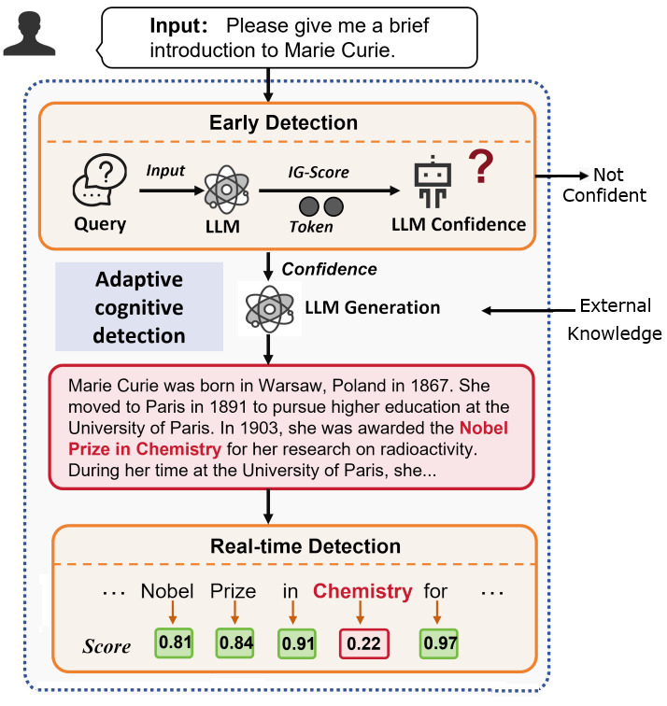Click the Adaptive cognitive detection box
[139, 306]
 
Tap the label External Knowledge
[617, 319]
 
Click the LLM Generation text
[372, 307]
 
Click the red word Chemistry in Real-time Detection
[362, 591]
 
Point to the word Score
[106, 646]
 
